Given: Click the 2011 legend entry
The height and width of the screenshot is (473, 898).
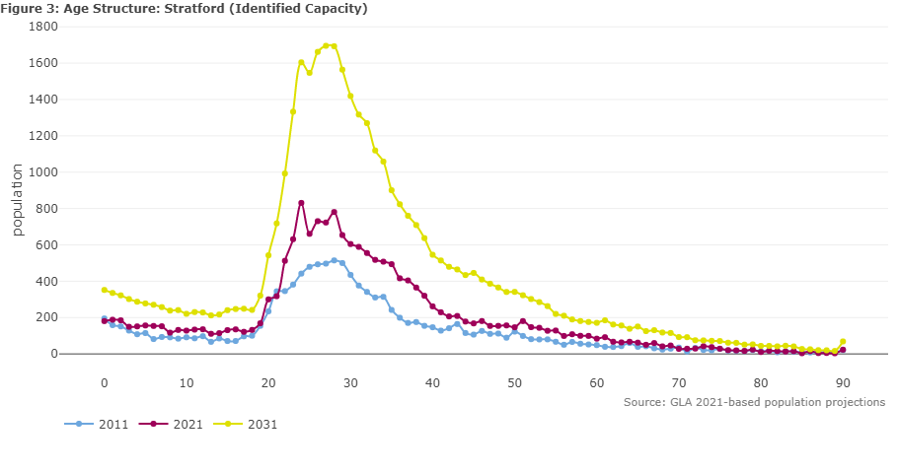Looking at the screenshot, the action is (x=97, y=425).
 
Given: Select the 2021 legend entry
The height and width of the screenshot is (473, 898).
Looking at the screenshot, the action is (x=171, y=425).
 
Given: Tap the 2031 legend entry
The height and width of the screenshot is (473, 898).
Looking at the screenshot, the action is (x=245, y=425).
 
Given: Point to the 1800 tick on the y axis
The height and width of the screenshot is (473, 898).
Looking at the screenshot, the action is (x=43, y=27).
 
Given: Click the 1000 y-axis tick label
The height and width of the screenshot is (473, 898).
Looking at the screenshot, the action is (x=43, y=172).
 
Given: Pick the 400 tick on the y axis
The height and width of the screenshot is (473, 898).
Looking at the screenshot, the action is (x=47, y=282).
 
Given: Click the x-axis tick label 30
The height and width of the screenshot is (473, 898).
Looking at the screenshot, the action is (x=350, y=383).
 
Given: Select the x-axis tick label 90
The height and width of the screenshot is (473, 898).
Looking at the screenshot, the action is (x=843, y=383).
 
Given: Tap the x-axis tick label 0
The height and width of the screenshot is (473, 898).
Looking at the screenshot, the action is (x=105, y=383).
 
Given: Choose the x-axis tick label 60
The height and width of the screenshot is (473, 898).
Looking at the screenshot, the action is (x=597, y=383).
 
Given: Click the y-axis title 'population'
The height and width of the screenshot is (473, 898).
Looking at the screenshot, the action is (x=17, y=200).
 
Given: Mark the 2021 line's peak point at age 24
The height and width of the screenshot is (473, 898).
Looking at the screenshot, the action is (x=301, y=203).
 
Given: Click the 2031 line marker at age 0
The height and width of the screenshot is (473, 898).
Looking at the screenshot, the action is (x=105, y=290).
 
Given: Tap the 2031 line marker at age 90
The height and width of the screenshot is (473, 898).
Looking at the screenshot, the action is (x=843, y=342).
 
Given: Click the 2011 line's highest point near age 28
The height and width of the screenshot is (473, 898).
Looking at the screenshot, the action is (x=335, y=260).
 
